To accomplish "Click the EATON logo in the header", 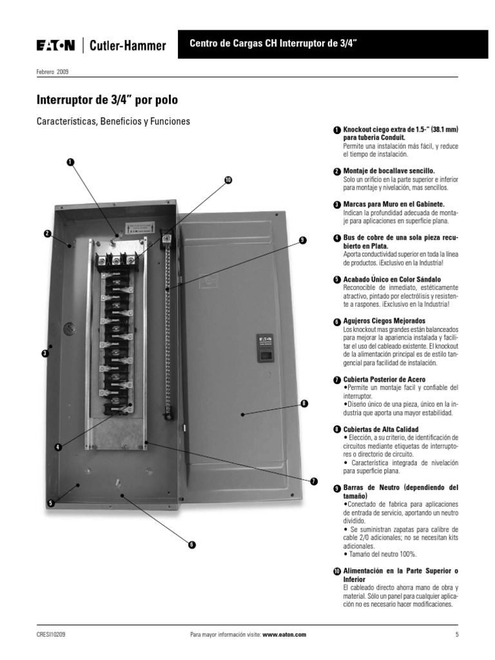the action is tap(55, 45).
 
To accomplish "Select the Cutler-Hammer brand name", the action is tap(128, 46).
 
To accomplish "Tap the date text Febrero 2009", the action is tap(52, 72).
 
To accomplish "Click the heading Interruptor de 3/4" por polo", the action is tap(108, 100).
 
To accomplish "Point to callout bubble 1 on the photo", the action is tap(70, 162).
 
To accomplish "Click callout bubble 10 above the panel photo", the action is tap(228, 180).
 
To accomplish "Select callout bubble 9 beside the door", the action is tap(302, 240).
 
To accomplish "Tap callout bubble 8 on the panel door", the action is tap(304, 403).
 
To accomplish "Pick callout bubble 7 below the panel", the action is tap(314, 481).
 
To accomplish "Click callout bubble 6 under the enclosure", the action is tap(191, 545).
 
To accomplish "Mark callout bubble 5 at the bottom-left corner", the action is tap(50, 503).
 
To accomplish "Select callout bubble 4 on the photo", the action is tap(57, 447).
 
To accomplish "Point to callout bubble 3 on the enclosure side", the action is tap(44, 354).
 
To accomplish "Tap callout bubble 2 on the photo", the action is tap(48, 234).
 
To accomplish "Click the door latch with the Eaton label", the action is tap(265, 348).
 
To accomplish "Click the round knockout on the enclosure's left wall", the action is tap(68, 329).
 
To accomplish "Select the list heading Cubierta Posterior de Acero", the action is tap(384, 379).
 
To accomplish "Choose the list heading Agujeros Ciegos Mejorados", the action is tap(384, 321).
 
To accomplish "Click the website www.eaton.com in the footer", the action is tap(284, 634).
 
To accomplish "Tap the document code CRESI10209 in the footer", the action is tap(51, 634).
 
